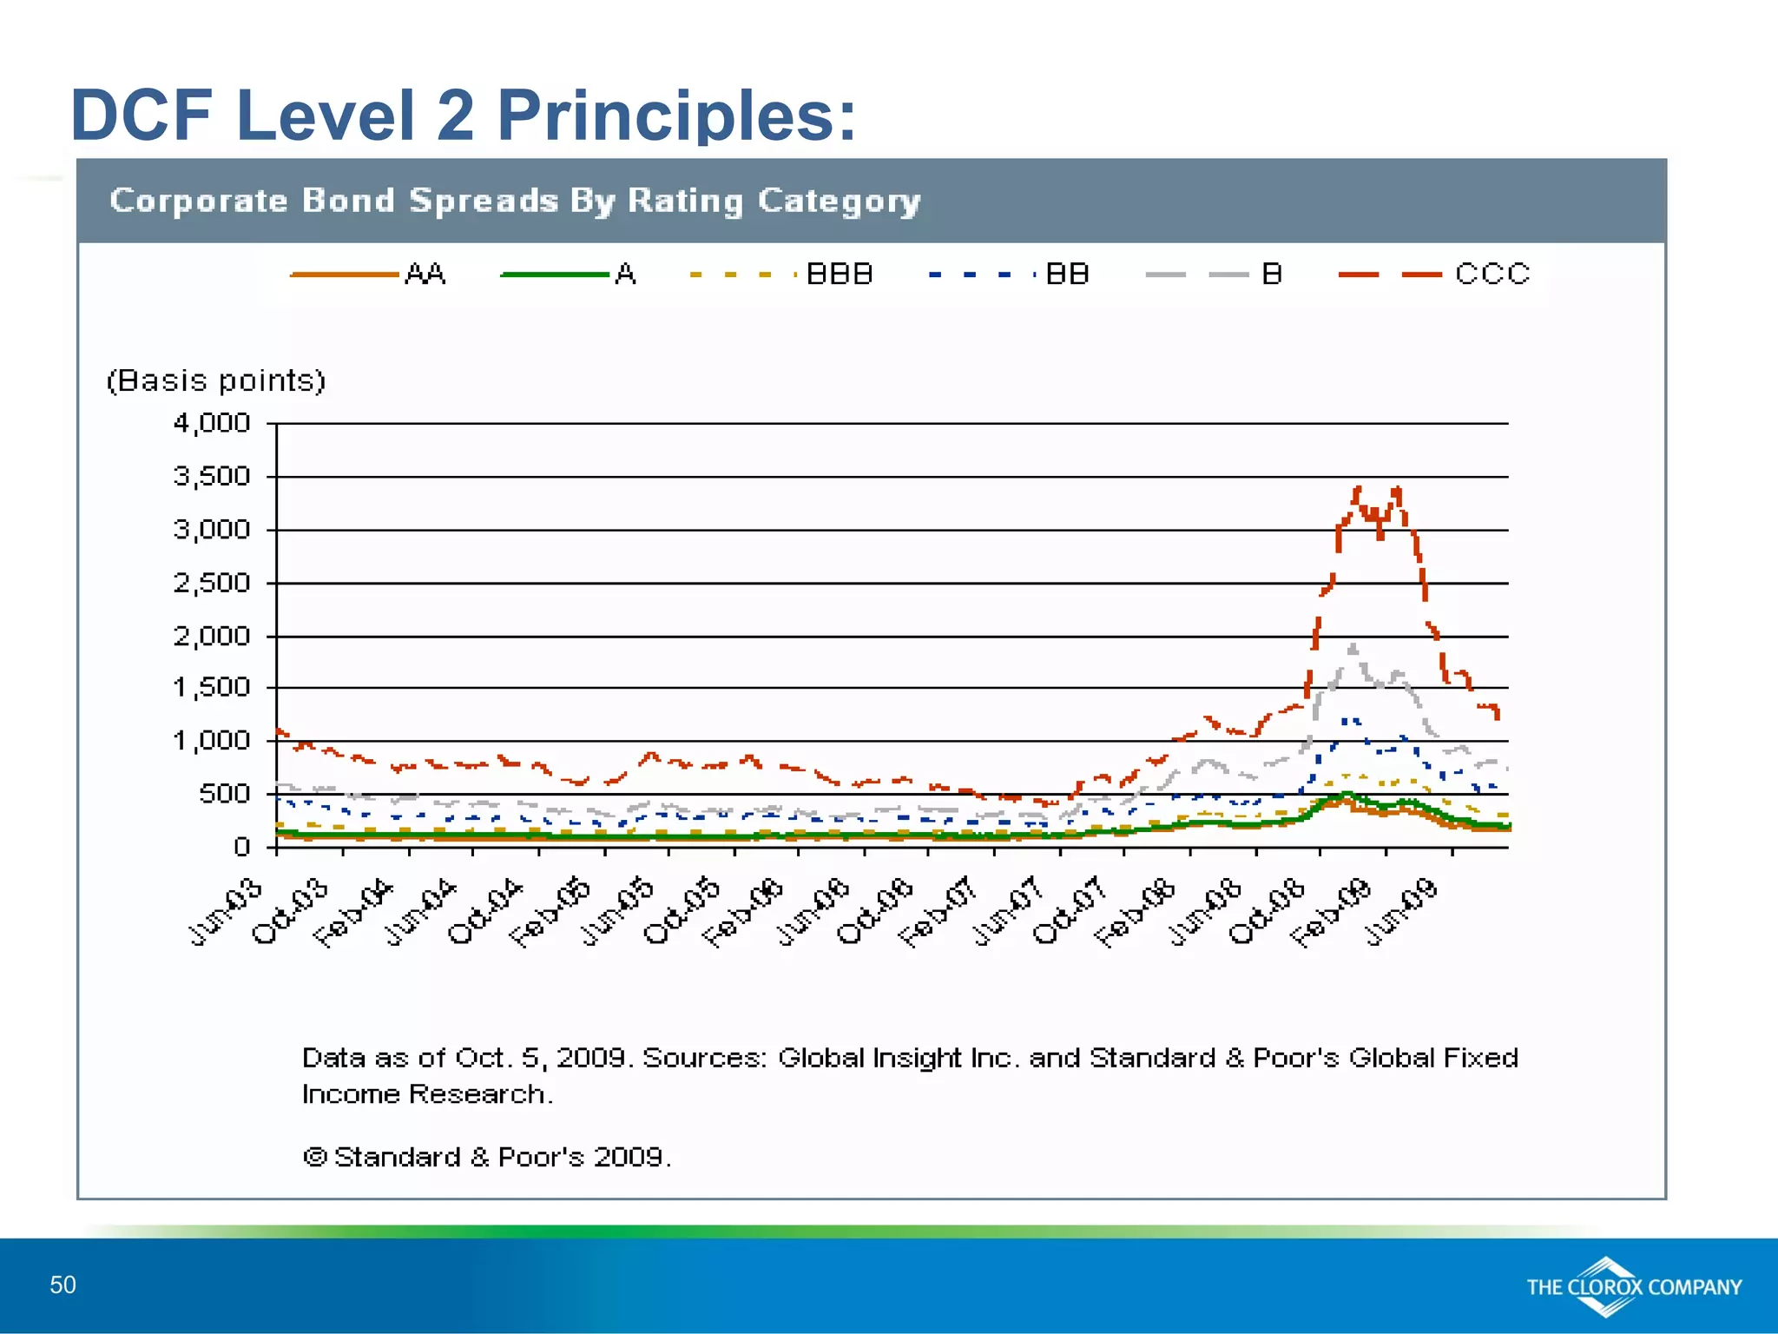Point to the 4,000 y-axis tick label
[212, 424]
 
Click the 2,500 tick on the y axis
[212, 583]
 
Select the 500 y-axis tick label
[224, 794]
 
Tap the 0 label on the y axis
[242, 847]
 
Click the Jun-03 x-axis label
[226, 912]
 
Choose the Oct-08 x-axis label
[1267, 912]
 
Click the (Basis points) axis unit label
[215, 381]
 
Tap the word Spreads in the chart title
[484, 201]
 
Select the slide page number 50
[63, 1284]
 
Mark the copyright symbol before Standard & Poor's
[314, 1157]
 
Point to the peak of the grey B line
[1353, 645]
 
